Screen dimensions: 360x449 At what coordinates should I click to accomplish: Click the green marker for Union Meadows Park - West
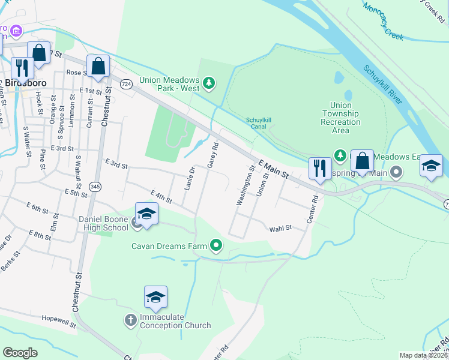click(x=209, y=83)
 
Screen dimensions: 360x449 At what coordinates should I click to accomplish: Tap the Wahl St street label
click(x=280, y=228)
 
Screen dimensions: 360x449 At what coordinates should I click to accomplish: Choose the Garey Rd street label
click(x=212, y=155)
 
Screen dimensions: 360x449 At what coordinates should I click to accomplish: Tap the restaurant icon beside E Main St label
click(x=319, y=167)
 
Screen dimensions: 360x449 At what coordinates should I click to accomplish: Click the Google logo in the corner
click(x=20, y=353)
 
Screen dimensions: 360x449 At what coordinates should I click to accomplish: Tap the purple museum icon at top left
click(x=16, y=30)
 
